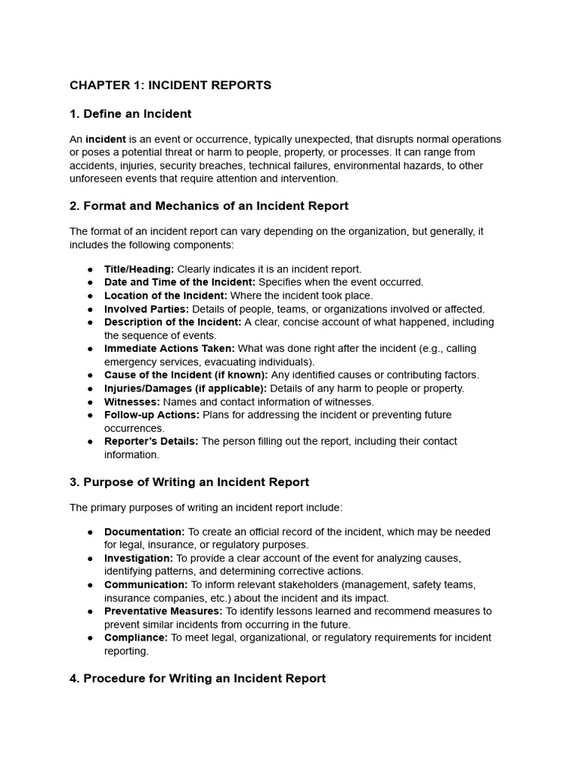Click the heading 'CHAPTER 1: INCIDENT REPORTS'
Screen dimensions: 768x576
click(170, 85)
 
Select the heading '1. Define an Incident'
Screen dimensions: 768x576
click(130, 114)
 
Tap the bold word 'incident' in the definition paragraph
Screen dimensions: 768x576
click(105, 139)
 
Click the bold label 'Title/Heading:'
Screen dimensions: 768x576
click(139, 269)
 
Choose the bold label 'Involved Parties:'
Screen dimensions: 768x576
click(146, 309)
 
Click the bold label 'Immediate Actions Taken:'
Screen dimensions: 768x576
click(169, 349)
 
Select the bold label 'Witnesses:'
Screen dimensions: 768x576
click(131, 402)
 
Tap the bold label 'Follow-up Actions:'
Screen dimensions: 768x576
click(151, 415)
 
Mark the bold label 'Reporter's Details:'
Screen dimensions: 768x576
click(151, 442)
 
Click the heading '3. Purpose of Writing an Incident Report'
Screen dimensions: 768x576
click(189, 482)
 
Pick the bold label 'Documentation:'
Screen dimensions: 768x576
click(144, 532)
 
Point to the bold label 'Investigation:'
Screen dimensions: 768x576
click(138, 559)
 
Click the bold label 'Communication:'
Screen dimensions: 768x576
click(145, 585)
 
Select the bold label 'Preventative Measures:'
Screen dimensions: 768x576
click(163, 611)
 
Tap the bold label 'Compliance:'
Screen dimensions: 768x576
click(136, 637)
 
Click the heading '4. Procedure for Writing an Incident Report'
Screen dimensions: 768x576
click(197, 678)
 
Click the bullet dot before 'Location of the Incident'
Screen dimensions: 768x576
click(90, 295)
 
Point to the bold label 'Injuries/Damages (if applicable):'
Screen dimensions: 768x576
click(185, 388)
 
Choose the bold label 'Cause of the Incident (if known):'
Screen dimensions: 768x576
click(186, 375)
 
